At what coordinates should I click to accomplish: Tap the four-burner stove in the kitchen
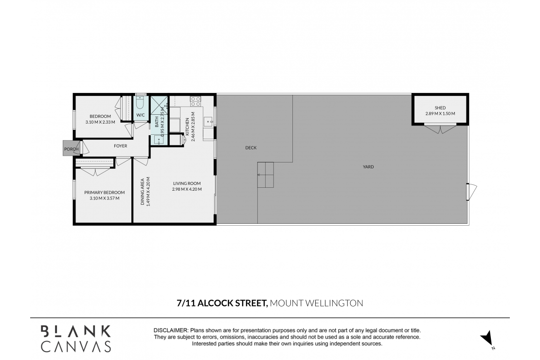(x=195, y=102)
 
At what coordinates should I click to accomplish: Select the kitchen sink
(x=207, y=120)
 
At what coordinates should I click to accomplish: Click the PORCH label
(x=71, y=149)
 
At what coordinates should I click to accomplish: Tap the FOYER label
(x=120, y=145)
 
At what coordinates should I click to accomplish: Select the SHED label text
(x=440, y=108)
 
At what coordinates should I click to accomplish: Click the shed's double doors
(x=440, y=129)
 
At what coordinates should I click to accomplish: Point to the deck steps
(x=266, y=175)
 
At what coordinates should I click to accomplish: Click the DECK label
(x=251, y=148)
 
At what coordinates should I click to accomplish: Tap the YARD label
(x=368, y=167)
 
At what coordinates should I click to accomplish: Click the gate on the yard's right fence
(x=470, y=192)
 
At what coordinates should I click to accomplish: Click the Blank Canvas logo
(x=75, y=339)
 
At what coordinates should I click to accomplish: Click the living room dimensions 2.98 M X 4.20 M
(x=187, y=189)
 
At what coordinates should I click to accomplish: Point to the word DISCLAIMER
(x=171, y=330)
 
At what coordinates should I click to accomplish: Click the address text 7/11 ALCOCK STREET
(x=222, y=303)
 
